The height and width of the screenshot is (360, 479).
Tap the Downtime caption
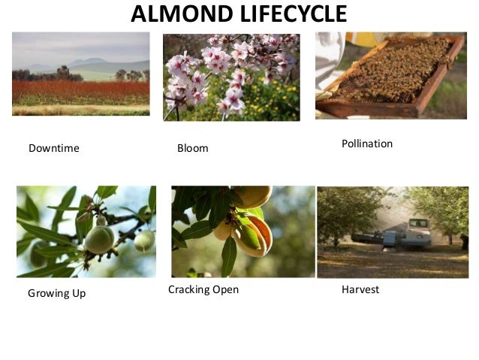53,148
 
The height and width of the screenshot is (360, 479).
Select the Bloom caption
192,148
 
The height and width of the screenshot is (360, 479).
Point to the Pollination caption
367,143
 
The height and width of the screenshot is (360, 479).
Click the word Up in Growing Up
79,293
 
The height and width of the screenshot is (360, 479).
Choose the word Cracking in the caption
191,289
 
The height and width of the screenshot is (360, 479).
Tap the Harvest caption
360,289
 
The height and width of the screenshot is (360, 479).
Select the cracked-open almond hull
251,233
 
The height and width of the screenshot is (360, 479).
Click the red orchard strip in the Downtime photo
80,92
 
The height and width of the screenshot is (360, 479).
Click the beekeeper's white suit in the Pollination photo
329,60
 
